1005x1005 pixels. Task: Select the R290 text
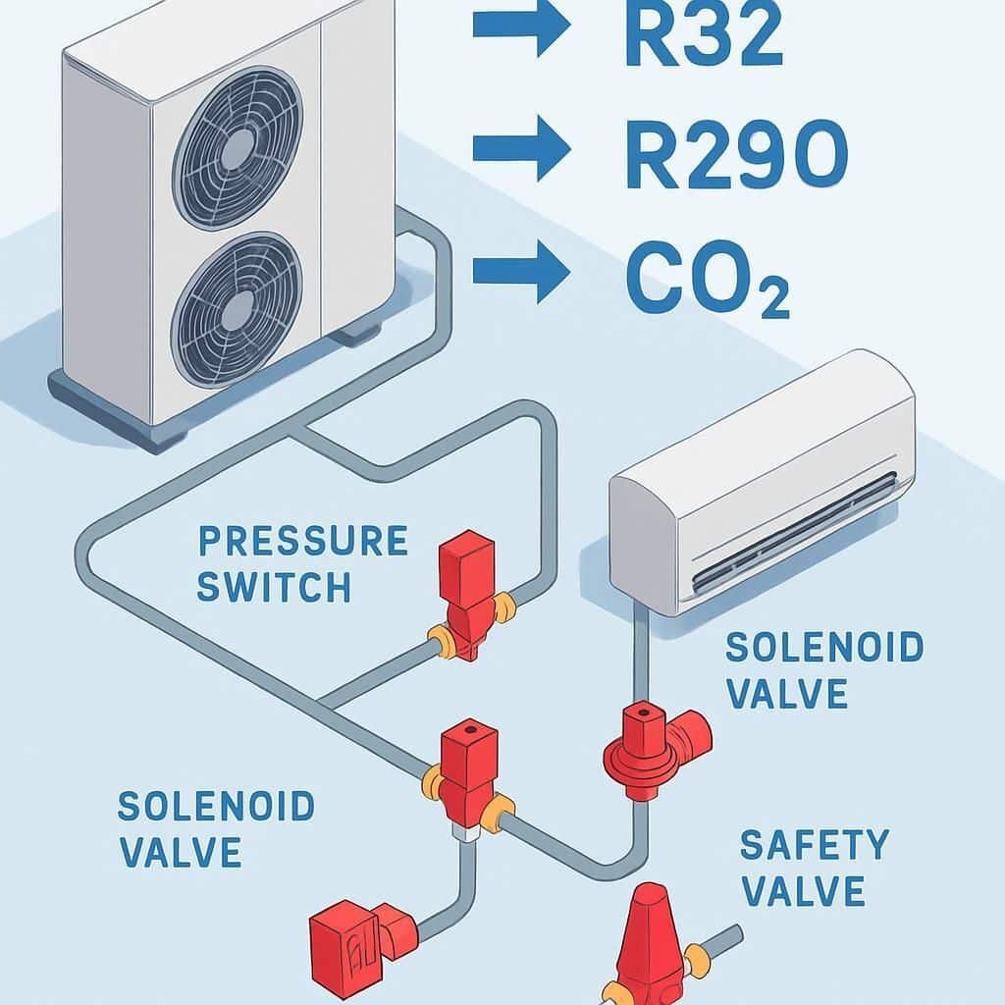coord(735,153)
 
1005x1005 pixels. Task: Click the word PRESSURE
coord(302,542)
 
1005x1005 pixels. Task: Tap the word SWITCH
coord(274,587)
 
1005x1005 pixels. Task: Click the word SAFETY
coord(814,845)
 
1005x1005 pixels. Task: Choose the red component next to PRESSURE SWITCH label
coord(469,595)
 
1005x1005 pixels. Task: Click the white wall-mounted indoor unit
coord(762,485)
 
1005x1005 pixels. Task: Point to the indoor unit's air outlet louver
coord(795,535)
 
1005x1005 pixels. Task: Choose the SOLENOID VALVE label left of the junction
coord(216,828)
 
